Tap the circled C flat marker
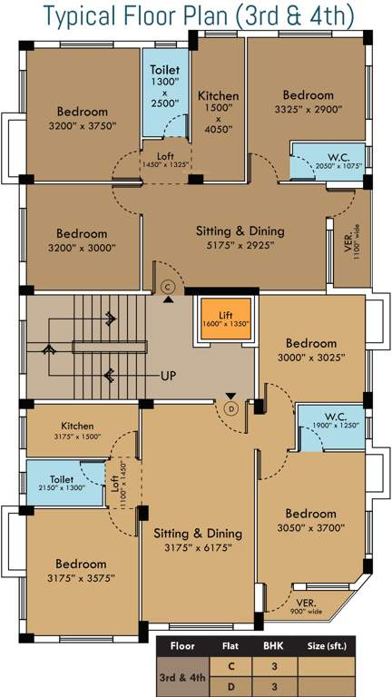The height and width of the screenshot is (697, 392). click(x=167, y=287)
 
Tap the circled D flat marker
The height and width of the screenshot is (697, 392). click(x=231, y=408)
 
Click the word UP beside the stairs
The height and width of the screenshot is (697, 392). click(x=169, y=375)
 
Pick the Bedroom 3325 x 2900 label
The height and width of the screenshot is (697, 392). click(x=309, y=102)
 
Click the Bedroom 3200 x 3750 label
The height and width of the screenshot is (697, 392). click(x=82, y=119)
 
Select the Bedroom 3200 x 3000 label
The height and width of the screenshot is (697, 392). click(x=82, y=241)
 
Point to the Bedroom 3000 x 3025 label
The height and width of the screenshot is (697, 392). click(x=311, y=351)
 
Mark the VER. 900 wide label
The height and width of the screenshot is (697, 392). click(x=306, y=606)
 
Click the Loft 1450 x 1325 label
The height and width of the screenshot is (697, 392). click(x=164, y=161)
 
